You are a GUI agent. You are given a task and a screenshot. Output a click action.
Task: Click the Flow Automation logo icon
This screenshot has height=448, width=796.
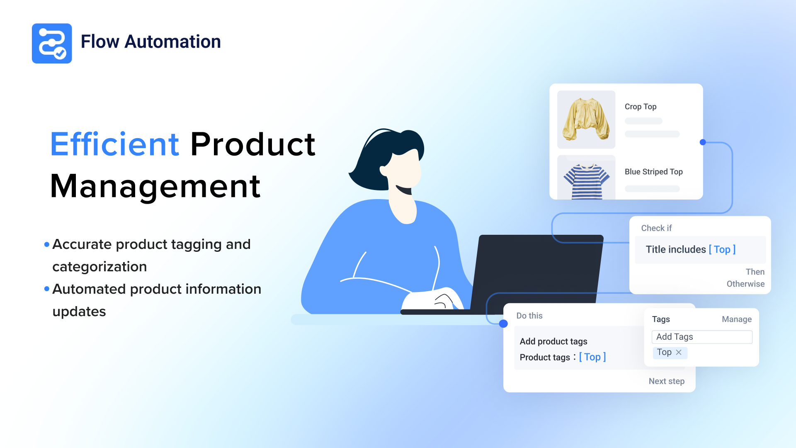click(x=52, y=43)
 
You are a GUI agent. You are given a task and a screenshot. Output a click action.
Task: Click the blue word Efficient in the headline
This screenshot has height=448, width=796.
click(x=115, y=144)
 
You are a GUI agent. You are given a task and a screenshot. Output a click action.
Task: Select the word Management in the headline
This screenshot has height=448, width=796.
click(x=155, y=187)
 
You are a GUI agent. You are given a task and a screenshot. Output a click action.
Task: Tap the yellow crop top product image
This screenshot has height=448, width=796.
click(x=586, y=119)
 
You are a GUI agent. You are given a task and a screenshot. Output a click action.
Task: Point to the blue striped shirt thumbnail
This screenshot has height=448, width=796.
click(x=586, y=178)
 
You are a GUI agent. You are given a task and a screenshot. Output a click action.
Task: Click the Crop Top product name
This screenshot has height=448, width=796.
click(x=641, y=107)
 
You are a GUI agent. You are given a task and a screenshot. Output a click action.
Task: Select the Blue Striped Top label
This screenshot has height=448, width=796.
click(x=653, y=172)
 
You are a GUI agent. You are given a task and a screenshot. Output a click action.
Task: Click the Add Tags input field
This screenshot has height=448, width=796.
click(x=702, y=337)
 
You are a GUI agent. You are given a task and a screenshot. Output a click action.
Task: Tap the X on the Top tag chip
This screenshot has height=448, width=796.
click(x=679, y=352)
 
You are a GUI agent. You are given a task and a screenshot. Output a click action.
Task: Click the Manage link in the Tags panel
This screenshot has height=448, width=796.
click(x=737, y=319)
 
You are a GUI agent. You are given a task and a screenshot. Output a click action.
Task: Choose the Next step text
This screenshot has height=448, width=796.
click(x=667, y=381)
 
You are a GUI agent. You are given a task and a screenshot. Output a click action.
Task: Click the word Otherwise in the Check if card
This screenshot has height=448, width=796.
click(x=745, y=284)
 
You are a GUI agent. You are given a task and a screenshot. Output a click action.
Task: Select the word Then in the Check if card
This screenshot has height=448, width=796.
click(x=755, y=272)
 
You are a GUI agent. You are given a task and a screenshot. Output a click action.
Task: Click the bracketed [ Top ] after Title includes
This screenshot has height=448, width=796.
click(x=722, y=249)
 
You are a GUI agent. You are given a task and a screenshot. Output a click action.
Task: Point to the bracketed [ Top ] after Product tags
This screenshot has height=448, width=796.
click(x=592, y=357)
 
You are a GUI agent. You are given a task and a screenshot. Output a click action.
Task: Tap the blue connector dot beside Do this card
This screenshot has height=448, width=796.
click(x=503, y=324)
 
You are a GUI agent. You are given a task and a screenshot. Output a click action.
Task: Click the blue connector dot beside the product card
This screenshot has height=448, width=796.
click(x=703, y=142)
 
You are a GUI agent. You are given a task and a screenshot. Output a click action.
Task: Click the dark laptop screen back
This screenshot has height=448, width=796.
click(x=537, y=272)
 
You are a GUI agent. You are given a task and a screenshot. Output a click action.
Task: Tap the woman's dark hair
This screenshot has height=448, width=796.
click(x=383, y=158)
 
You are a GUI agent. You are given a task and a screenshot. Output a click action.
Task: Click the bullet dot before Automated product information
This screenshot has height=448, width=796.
click(x=47, y=289)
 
